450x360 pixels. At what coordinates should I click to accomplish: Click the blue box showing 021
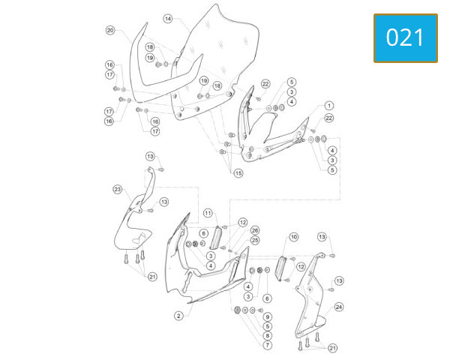(406, 38)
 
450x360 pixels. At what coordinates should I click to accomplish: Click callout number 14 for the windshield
(168, 19)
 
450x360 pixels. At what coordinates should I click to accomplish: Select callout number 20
(110, 30)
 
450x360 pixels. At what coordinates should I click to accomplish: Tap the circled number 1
(329, 106)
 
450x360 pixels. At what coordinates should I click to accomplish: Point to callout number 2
(178, 316)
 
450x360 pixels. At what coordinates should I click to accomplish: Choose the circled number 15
(238, 173)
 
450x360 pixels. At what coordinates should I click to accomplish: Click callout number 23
(118, 190)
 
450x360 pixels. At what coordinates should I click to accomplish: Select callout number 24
(339, 307)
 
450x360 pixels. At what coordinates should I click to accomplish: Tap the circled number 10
(293, 237)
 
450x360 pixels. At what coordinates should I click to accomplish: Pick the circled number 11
(208, 213)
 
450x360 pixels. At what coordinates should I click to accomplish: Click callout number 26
(255, 230)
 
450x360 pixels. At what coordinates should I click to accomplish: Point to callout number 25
(255, 240)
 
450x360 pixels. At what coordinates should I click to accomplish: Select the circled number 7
(268, 345)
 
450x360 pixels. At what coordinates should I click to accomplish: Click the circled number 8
(268, 335)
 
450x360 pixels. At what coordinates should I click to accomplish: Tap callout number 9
(268, 317)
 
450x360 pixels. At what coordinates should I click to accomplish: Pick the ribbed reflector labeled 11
(217, 238)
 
